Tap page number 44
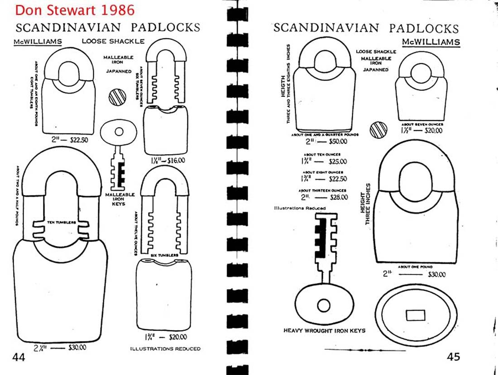click(19, 357)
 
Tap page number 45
click(453, 357)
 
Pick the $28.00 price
click(338, 197)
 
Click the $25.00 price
click(338, 161)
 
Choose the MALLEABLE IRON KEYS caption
click(120, 199)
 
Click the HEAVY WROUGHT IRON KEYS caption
click(324, 331)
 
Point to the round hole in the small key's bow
click(119, 132)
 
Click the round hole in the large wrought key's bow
click(323, 305)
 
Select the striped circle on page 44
click(117, 97)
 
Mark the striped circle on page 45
click(378, 130)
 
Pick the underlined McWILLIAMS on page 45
click(431, 43)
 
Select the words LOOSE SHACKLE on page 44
click(113, 42)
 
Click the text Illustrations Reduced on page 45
click(299, 209)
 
